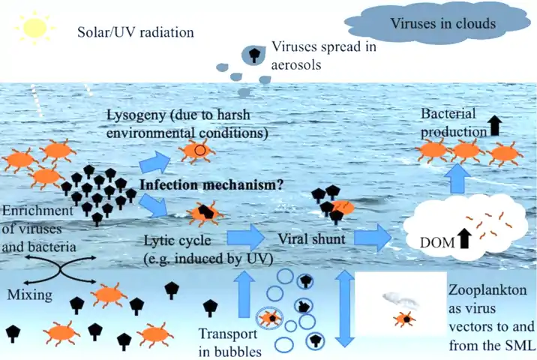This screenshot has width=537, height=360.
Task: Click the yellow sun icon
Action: [34, 28]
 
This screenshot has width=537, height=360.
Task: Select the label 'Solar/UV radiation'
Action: [136, 33]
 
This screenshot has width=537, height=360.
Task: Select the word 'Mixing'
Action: [29, 295]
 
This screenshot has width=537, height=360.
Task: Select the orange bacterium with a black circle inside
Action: [197, 151]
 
